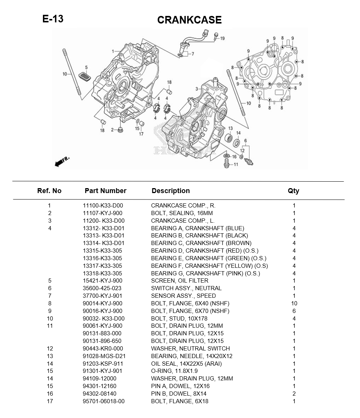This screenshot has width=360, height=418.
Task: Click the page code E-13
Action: pos(53,19)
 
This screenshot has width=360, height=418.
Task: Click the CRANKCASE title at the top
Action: pos(189,20)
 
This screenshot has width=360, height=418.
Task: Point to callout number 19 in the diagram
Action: pos(222,38)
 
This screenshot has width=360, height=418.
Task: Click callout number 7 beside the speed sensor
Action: pos(193,54)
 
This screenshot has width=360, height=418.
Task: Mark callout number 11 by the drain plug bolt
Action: pos(236,165)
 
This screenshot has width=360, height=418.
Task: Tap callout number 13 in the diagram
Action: pos(231,129)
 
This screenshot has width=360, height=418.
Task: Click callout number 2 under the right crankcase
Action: pos(112,130)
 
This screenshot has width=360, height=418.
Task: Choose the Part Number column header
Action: pos(105,191)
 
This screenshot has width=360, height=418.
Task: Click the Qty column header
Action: pos(293,191)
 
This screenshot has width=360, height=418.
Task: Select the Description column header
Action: pos(171,191)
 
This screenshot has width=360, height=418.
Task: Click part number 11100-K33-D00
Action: pos(103,206)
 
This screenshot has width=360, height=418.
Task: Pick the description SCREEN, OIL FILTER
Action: pos(179,281)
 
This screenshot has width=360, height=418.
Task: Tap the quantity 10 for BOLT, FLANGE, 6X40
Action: pos(294,303)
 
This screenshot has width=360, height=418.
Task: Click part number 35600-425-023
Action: pos(102,288)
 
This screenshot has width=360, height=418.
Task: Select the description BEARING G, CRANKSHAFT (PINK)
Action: pos(205,273)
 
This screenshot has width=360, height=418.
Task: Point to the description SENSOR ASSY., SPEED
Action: pos(183,296)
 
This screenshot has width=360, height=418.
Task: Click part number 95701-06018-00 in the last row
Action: pos(103,401)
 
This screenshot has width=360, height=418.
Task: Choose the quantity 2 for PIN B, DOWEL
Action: pos(294,394)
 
